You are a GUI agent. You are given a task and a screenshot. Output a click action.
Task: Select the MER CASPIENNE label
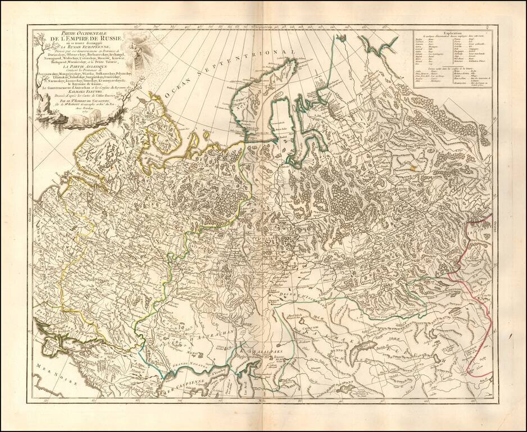pyautogui.click(x=180, y=389)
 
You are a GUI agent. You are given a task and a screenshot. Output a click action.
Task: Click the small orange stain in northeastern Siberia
pyautogui.click(x=415, y=166)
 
